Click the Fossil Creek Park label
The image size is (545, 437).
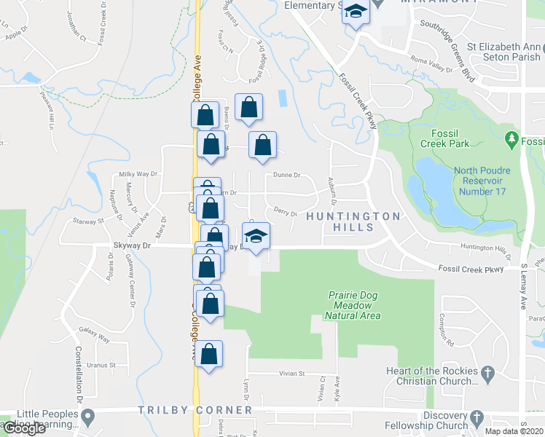(450, 138)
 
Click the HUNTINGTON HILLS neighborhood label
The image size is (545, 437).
(353, 221)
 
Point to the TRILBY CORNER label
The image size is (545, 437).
(195, 410)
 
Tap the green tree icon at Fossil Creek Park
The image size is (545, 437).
(511, 138)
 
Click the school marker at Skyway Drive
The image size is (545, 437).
(256, 237)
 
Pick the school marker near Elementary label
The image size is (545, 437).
(356, 12)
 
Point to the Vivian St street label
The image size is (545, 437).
(290, 373)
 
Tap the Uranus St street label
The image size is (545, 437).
(101, 365)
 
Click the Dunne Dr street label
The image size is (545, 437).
(286, 176)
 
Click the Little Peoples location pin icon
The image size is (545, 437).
(89, 418)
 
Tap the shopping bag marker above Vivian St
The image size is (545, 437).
(209, 355)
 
